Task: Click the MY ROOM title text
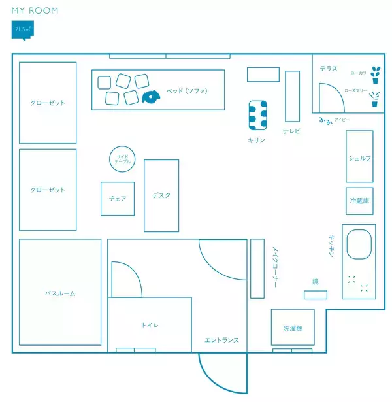pos(35,10)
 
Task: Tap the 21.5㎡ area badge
pos(23,30)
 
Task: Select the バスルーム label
pos(60,293)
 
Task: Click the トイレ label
pos(150,325)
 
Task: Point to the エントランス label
pos(221,340)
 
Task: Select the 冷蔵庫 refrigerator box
pos(359,201)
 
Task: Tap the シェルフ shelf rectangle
pos(359,157)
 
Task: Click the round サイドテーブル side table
pos(122,158)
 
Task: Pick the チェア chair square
pos(118,199)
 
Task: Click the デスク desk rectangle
pos(161,195)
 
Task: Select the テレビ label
pos(291,131)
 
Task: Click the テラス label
pos(329,68)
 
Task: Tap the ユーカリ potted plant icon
pos(375,74)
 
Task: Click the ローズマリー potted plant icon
pos(374,99)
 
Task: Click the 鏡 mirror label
pos(315,282)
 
